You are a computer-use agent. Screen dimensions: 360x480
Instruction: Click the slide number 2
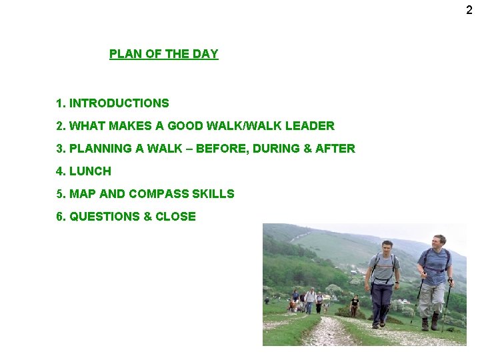pyautogui.click(x=469, y=10)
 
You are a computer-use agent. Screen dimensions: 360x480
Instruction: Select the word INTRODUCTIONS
pyautogui.click(x=119, y=103)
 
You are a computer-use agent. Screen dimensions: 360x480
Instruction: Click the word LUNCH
pyautogui.click(x=90, y=171)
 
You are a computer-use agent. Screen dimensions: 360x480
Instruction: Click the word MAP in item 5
pyautogui.click(x=83, y=194)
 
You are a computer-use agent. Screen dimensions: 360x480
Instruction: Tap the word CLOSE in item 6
pyautogui.click(x=175, y=217)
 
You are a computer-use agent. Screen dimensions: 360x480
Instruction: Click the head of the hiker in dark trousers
pyautogui.click(x=387, y=247)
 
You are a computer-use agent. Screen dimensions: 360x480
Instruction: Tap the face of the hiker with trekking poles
pyautogui.click(x=439, y=241)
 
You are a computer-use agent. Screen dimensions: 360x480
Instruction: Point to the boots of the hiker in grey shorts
pyautogui.click(x=430, y=325)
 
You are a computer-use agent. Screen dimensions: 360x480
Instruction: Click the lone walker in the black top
pyautogui.click(x=354, y=305)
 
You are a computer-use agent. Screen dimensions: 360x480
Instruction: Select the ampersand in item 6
pyautogui.click(x=147, y=217)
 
